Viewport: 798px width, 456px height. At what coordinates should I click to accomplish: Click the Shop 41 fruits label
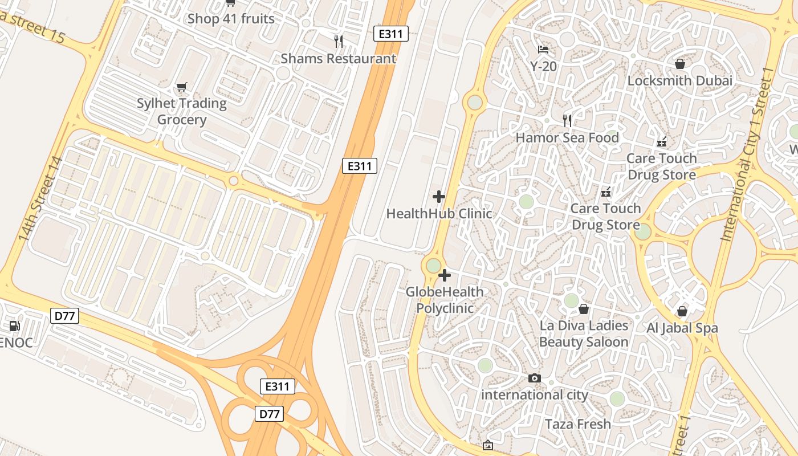(231, 19)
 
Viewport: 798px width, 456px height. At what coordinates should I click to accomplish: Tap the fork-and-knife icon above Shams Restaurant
(339, 41)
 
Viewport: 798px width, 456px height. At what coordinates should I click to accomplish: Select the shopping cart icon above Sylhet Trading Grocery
(181, 87)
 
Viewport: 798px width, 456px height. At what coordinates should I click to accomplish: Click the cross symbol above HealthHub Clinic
(439, 197)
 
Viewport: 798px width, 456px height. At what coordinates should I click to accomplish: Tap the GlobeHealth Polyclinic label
(445, 300)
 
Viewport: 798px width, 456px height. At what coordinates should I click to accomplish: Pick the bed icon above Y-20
(543, 50)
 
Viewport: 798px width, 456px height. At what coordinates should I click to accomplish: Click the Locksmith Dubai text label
(679, 81)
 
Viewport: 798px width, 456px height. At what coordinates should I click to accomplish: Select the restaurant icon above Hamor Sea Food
(567, 120)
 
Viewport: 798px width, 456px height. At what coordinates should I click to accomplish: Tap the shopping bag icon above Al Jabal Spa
(682, 311)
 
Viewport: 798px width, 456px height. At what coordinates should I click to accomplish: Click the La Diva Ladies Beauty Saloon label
(584, 333)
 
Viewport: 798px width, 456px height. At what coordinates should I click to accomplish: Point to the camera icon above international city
(534, 378)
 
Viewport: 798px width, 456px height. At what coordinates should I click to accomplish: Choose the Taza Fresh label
(577, 424)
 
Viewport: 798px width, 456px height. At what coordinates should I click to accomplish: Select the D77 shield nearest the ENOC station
(64, 316)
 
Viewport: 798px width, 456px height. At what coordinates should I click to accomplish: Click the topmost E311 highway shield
(390, 34)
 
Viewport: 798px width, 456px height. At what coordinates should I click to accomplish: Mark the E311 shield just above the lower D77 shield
(278, 386)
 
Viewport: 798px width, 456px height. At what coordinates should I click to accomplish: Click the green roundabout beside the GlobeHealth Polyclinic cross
(433, 266)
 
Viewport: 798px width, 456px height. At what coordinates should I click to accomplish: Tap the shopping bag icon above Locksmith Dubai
(679, 63)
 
